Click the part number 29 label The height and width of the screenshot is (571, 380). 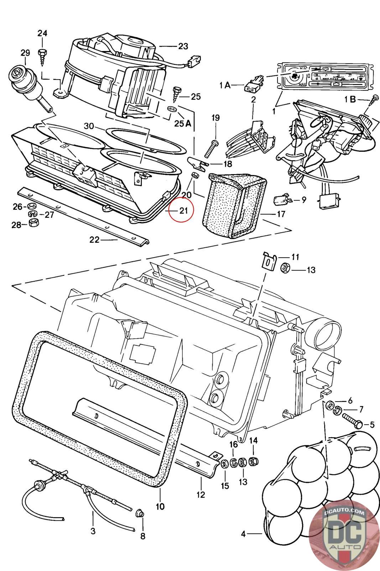point(25,53)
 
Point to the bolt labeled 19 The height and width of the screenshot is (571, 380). point(210,148)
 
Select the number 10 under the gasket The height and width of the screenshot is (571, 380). point(160,506)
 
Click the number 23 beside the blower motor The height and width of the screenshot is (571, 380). point(183,46)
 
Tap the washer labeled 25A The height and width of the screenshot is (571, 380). point(172,108)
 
